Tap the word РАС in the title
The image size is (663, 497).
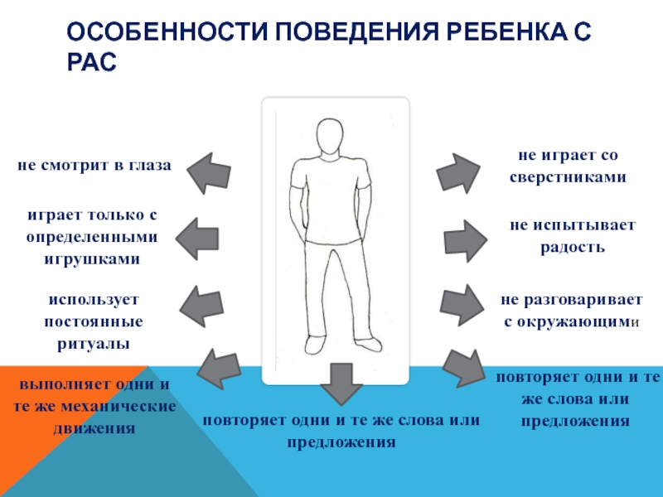click(93, 62)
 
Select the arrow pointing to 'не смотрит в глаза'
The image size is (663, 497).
click(208, 170)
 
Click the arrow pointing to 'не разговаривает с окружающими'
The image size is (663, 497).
click(462, 304)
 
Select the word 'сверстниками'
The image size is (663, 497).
click(569, 177)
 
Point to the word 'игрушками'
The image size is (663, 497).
click(92, 258)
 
